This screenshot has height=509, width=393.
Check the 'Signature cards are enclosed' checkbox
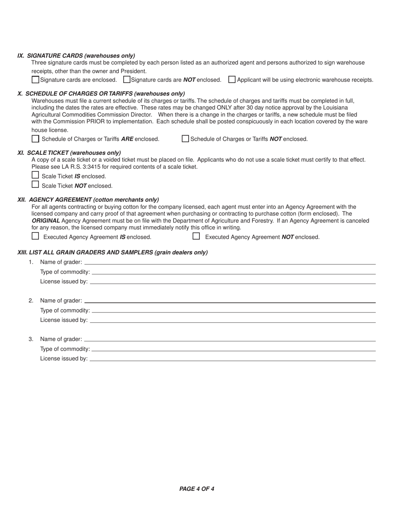pyautogui.click(x=36, y=79)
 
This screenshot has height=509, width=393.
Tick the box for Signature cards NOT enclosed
pyautogui.click(x=127, y=79)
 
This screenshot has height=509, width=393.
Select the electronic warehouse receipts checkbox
pyautogui.click(x=232, y=79)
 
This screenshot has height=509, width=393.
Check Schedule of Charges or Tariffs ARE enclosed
pyautogui.click(x=36, y=139)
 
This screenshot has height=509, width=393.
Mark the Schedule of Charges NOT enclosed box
pyautogui.click(x=185, y=139)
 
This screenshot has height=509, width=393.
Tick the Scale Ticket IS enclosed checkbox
pyautogui.click(x=36, y=175)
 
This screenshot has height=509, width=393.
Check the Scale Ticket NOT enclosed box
pyautogui.click(x=36, y=185)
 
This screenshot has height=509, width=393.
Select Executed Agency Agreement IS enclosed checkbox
pyautogui.click(x=36, y=236)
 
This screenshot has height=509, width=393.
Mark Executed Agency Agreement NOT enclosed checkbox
pyautogui.click(x=196, y=236)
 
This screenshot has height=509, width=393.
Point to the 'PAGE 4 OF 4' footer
pyautogui.click(x=196, y=489)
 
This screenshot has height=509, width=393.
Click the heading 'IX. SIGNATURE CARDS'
pyautogui.click(x=76, y=55)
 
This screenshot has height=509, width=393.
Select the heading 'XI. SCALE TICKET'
pyautogui.click(x=69, y=153)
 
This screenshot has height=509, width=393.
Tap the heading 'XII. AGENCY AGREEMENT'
pyautogui.click(x=88, y=199)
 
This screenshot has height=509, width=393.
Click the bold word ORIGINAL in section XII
pyautogui.click(x=46, y=221)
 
